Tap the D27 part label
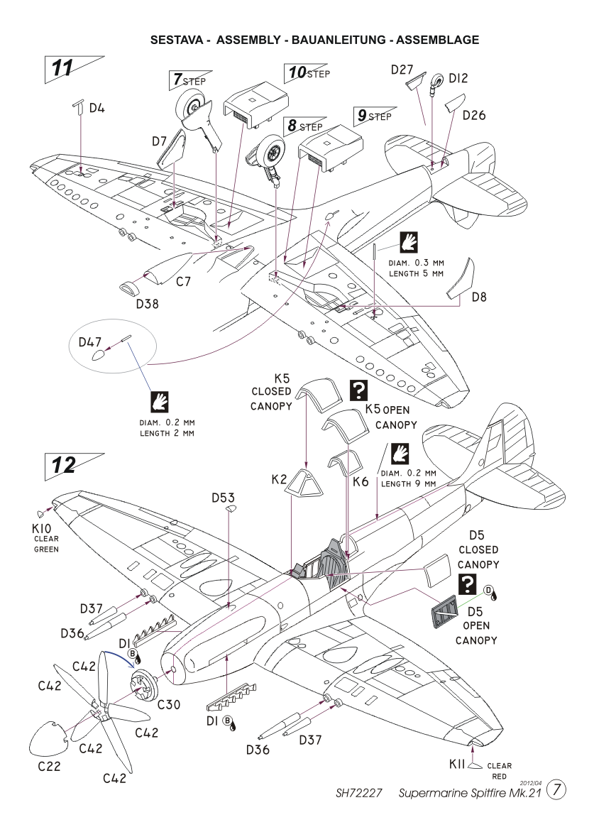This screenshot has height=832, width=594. tap(402, 70)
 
